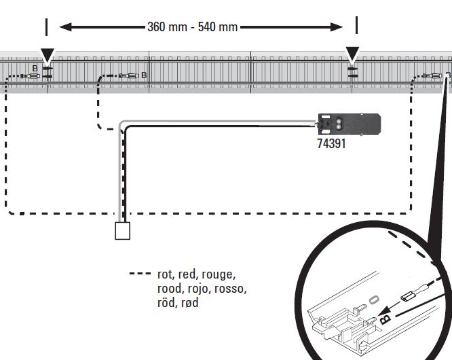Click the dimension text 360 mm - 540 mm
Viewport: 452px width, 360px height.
tap(192, 27)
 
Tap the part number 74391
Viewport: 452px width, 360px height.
tap(331, 144)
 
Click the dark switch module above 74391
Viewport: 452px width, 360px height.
tap(349, 124)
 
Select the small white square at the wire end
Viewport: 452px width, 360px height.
tap(123, 231)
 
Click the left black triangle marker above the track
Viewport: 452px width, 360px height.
tap(47, 55)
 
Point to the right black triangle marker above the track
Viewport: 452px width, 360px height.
tap(352, 55)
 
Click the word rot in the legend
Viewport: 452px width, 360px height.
tap(165, 275)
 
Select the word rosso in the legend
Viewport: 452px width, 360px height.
tap(232, 289)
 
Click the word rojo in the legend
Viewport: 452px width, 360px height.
tap(197, 289)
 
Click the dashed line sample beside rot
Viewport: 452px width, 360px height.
tap(140, 274)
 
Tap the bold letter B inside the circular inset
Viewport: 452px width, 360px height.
tap(385, 317)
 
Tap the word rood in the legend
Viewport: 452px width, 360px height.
tap(169, 289)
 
